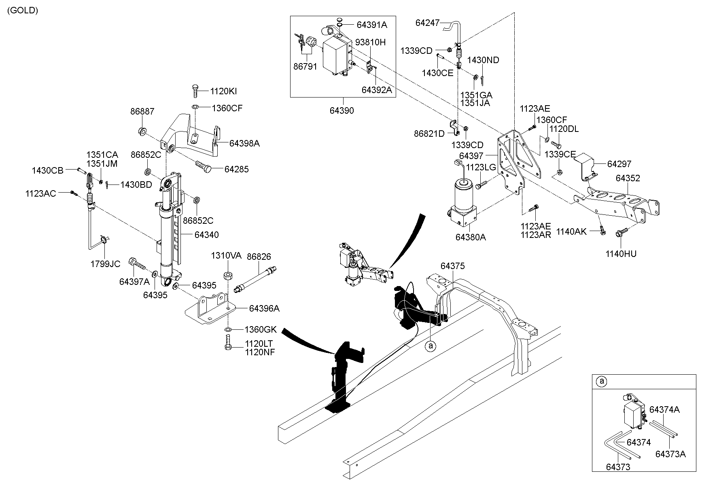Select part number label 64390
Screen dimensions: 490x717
342,110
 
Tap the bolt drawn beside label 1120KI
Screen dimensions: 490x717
195,91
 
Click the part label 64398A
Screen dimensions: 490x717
244,143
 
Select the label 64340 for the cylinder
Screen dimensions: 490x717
206,235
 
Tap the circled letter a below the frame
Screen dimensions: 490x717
431,346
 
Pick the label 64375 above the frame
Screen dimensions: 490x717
452,266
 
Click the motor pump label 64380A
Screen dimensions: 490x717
471,237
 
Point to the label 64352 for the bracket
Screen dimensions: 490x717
628,178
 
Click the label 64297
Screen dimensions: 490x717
619,164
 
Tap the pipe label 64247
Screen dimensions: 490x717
427,23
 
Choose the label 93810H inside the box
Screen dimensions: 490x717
370,42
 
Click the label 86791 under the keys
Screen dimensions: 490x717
305,66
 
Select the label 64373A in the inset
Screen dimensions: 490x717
670,454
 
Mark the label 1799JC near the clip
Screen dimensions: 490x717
105,264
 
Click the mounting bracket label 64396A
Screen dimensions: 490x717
264,308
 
